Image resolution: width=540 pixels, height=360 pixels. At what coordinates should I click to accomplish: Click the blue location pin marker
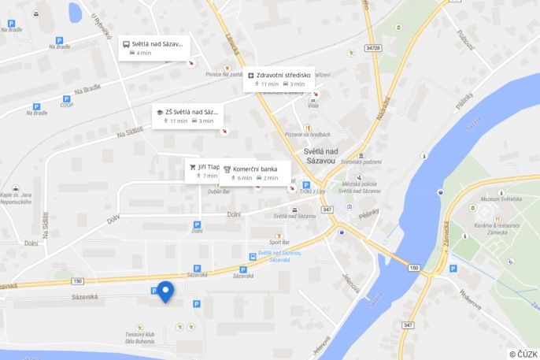tap(165, 291)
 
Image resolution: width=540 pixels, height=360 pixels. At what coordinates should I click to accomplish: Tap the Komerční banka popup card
tap(256, 173)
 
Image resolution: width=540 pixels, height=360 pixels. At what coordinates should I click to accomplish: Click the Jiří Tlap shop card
tap(203, 171)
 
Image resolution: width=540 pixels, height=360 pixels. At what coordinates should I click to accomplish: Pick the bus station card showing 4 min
tap(153, 47)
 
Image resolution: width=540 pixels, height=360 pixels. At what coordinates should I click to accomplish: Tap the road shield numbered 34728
tap(372, 48)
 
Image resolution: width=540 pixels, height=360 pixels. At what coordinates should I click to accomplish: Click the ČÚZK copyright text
tap(523, 354)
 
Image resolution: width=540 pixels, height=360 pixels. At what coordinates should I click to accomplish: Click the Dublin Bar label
tap(219, 191)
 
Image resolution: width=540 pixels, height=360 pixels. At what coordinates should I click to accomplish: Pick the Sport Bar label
tap(279, 242)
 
